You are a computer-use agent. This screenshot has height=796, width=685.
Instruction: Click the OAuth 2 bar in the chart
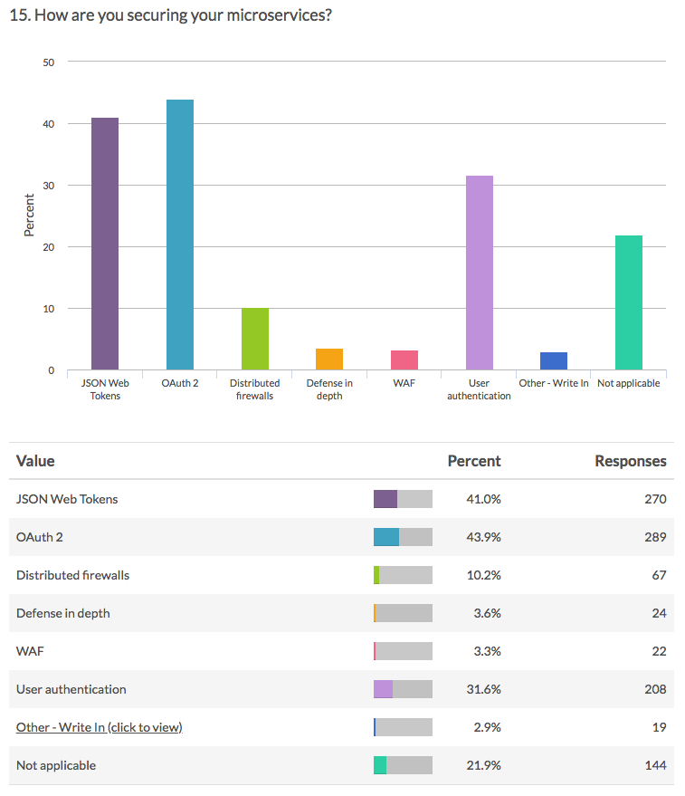click(x=179, y=235)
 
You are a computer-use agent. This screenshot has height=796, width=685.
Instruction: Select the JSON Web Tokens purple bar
click(x=105, y=244)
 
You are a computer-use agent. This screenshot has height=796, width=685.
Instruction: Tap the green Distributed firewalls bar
click(x=255, y=339)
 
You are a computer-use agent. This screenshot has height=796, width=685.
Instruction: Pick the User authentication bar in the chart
click(x=479, y=273)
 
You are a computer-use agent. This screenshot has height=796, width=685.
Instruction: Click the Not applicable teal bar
click(x=628, y=302)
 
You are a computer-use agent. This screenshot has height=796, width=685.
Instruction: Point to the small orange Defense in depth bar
click(x=329, y=360)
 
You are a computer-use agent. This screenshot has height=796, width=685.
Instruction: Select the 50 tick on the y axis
click(x=49, y=62)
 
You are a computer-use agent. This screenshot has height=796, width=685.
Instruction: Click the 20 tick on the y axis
click(x=49, y=247)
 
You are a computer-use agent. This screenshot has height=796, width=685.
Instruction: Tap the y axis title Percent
click(x=29, y=216)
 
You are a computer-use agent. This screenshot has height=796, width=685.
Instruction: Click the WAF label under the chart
click(x=404, y=383)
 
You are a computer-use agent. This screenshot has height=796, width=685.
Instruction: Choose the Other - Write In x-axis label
click(x=553, y=383)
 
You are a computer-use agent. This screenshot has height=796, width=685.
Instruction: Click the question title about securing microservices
click(x=169, y=17)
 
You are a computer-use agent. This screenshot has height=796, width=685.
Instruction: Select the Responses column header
click(x=630, y=461)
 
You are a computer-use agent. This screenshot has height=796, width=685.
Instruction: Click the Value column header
click(x=35, y=461)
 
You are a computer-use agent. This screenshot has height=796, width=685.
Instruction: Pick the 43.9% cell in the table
click(x=482, y=537)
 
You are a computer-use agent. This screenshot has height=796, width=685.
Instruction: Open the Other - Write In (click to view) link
click(x=99, y=727)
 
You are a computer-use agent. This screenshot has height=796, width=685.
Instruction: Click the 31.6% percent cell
click(x=482, y=689)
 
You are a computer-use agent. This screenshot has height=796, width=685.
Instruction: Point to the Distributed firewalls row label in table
click(x=72, y=575)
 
